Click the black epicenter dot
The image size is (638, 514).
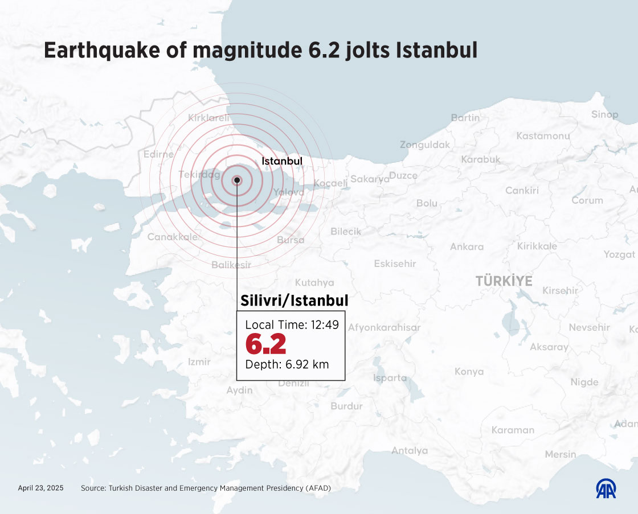click(236, 180)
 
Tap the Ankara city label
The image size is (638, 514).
click(467, 246)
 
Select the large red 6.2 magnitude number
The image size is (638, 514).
click(265, 344)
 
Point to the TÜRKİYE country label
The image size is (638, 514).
click(504, 281)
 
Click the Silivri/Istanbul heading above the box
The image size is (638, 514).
click(294, 300)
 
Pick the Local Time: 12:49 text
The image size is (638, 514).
click(292, 325)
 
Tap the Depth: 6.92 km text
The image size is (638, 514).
click(287, 364)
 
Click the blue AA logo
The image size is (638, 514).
click(606, 488)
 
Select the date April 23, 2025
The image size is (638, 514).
click(40, 488)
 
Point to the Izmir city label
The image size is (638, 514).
click(199, 361)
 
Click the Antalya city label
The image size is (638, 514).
click(409, 450)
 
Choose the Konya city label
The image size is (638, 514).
click(469, 372)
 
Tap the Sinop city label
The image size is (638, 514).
click(604, 114)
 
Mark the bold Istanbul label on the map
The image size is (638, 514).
click(282, 161)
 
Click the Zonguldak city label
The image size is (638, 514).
click(424, 145)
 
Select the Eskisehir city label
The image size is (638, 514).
click(395, 264)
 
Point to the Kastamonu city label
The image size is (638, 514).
click(543, 136)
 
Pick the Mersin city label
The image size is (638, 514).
click(560, 454)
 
